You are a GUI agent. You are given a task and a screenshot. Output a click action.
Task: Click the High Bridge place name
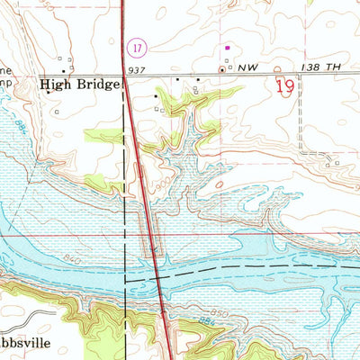coord(79,85)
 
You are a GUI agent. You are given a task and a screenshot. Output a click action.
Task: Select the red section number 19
coord(285,86)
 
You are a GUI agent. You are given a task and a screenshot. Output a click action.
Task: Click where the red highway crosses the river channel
coord(158,270)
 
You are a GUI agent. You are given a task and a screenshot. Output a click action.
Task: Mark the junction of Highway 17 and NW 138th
coord(125,76)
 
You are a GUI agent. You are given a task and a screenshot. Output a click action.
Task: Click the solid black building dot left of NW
coord(222,68)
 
